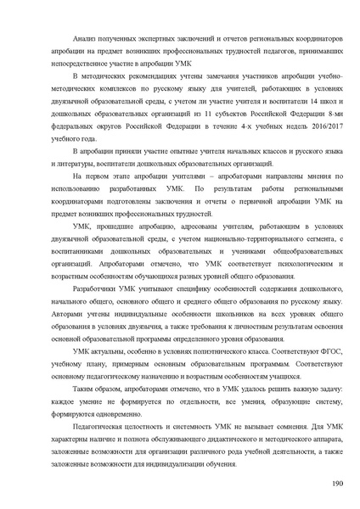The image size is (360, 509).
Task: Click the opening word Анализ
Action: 87,39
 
